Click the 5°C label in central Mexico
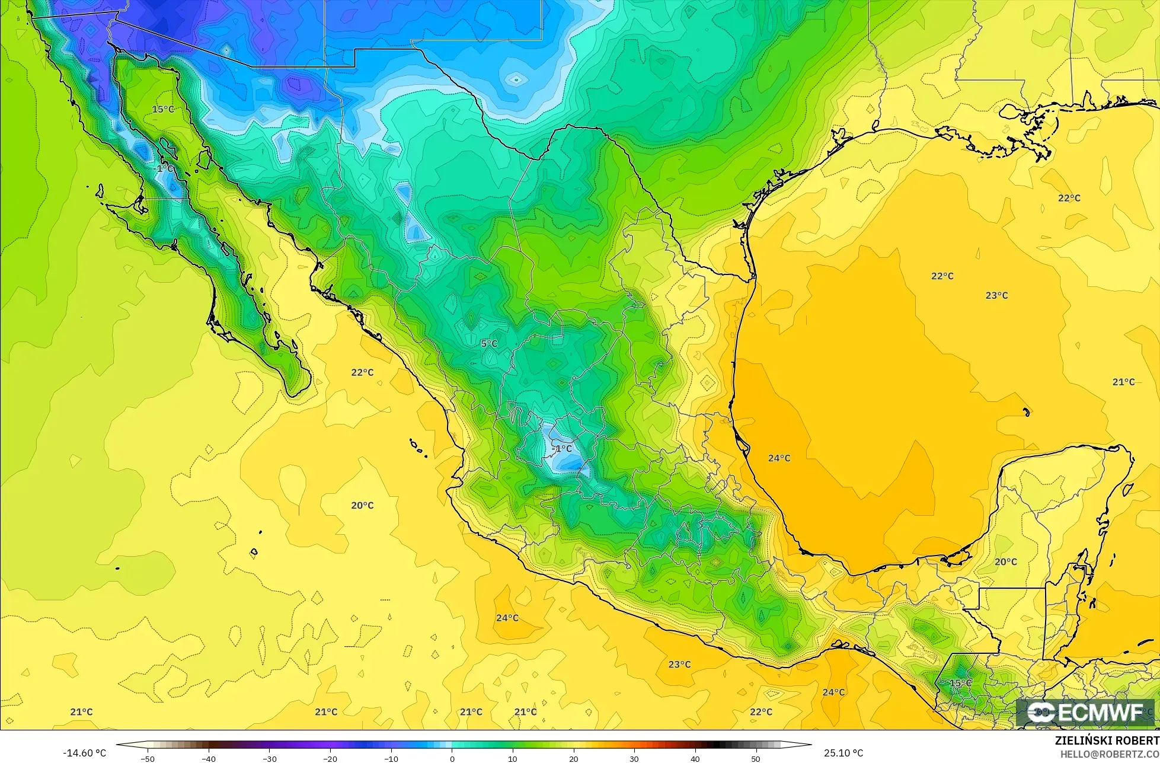tap(489, 344)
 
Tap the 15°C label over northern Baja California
tap(163, 109)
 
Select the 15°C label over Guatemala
tap(960, 683)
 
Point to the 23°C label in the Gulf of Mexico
tap(996, 295)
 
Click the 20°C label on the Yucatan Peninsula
tap(1005, 561)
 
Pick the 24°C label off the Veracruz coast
tap(779, 458)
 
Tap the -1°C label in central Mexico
tap(562, 448)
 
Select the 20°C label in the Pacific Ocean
tap(362, 505)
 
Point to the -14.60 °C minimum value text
tap(84, 753)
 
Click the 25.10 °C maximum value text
tap(843, 753)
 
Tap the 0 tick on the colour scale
tap(452, 759)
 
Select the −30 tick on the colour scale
tap(269, 759)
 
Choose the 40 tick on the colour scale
tap(695, 759)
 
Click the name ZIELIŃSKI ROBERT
tap(1107, 740)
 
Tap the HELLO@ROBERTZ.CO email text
tap(1109, 754)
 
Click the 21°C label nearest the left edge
tap(81, 711)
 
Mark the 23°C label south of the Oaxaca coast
tap(679, 664)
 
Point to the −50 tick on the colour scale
tap(148, 759)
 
